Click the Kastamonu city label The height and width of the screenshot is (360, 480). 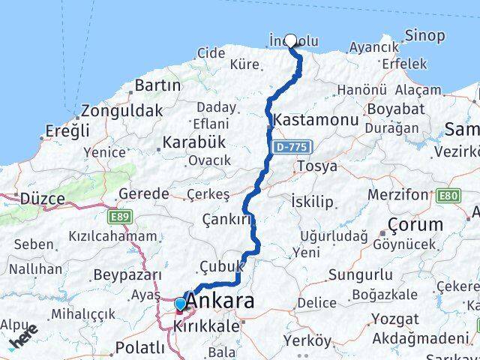pos(309,120)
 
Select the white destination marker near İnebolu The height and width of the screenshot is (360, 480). pos(291,40)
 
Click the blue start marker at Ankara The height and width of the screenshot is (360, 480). pos(181,304)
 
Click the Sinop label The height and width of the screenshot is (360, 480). pos(424,35)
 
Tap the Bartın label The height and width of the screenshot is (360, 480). pos(155,85)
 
